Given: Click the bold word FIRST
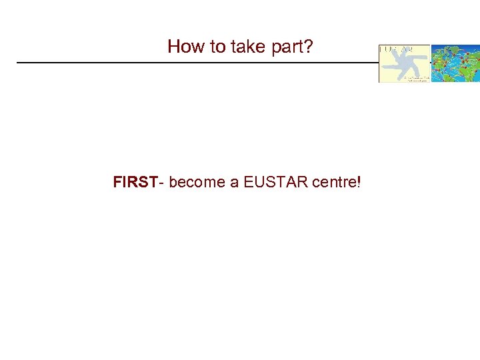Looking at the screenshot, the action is [135, 181].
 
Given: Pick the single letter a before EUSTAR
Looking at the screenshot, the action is [235, 182].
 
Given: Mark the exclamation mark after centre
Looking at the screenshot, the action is [359, 181].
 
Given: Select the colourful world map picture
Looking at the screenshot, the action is [455, 63].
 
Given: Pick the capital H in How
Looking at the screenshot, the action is [174, 46].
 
